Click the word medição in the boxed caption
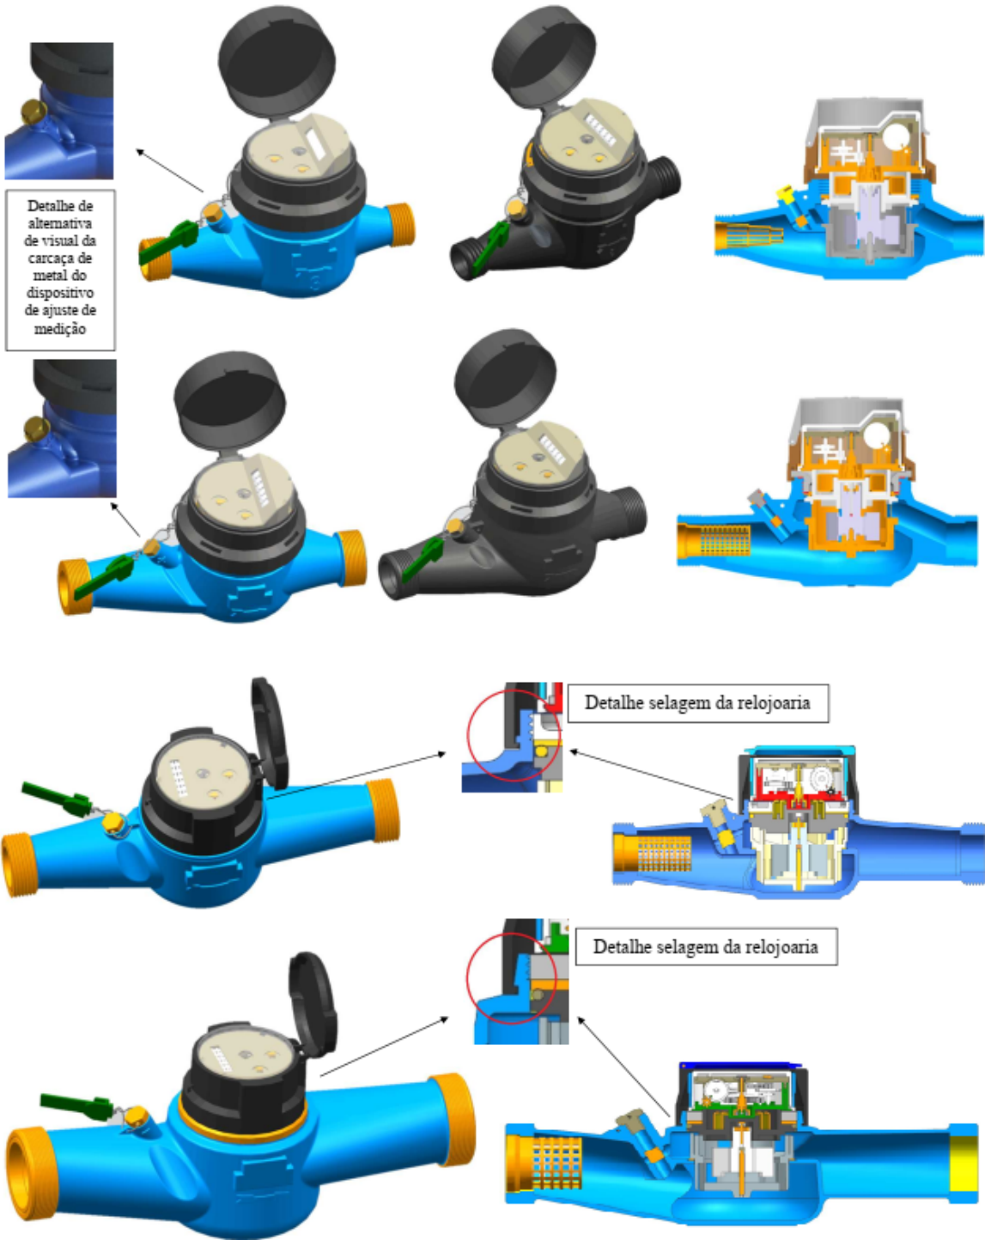(60, 329)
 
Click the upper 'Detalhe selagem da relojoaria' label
(697, 703)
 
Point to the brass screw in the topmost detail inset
(33, 112)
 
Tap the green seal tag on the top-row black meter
(489, 246)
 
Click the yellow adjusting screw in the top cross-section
(784, 194)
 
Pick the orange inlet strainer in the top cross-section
(748, 237)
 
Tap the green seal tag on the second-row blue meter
(104, 577)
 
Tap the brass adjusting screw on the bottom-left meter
(137, 1118)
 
